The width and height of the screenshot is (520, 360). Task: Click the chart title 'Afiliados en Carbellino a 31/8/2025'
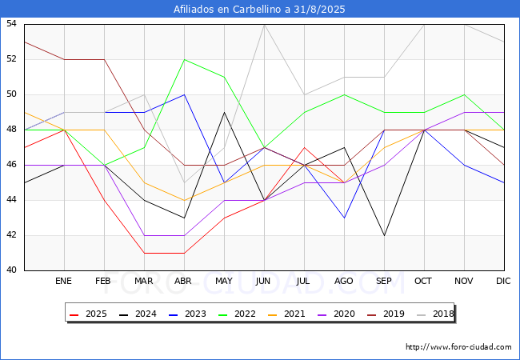tap(260, 10)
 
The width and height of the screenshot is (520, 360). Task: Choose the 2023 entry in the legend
tap(189, 314)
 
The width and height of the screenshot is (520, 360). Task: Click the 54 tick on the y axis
tap(12, 24)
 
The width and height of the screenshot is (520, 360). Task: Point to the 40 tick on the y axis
tap(12, 270)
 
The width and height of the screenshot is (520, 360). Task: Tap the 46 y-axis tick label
tap(12, 165)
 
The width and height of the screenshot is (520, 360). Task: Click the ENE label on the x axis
tap(64, 282)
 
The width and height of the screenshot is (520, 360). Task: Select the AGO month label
tap(344, 282)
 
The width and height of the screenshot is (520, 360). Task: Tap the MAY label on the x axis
tap(224, 282)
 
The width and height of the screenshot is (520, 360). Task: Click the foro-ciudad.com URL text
tap(458, 347)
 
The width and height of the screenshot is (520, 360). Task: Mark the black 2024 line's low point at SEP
tap(384, 235)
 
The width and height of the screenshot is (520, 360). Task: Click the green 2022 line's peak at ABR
tap(184, 59)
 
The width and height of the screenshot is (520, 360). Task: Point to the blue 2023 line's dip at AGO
tap(344, 218)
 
